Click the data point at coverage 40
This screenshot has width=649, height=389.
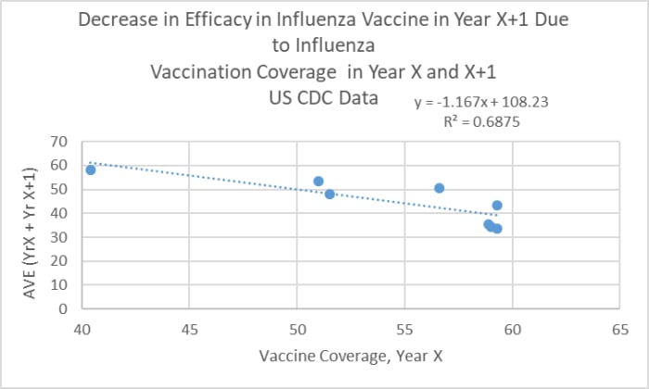pos(91,169)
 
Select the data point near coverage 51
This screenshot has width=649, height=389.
pos(318,182)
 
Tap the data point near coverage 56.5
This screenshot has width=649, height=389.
pos(439,188)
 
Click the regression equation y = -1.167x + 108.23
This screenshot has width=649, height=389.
pos(481,102)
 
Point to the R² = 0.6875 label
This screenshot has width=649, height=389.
pos(480,119)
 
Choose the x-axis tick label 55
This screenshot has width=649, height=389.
pos(404,328)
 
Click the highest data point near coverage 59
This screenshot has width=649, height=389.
pos(497,206)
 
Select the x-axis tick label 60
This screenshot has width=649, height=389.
pos(512,328)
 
